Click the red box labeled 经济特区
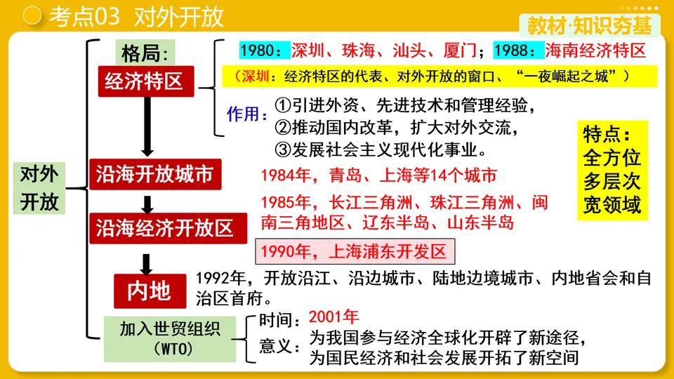click(145, 81)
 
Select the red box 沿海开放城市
click(154, 174)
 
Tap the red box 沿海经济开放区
click(164, 227)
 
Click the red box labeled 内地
click(150, 290)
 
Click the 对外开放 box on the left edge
click(39, 188)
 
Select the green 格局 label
click(145, 53)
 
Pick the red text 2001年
click(333, 317)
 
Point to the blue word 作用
click(246, 114)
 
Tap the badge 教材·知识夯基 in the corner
click(590, 26)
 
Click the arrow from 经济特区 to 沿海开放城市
click(147, 126)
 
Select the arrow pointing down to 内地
click(146, 264)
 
